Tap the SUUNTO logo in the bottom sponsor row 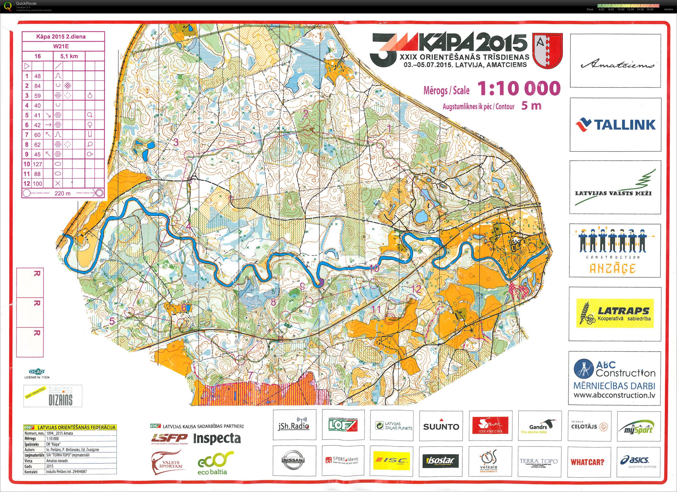click(441, 427)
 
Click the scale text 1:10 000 click(519, 88)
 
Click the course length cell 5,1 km click(69, 56)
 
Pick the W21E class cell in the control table click(63, 46)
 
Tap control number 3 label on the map click(176, 142)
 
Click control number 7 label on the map click(250, 375)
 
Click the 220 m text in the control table click(62, 193)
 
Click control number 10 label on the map click(374, 268)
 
